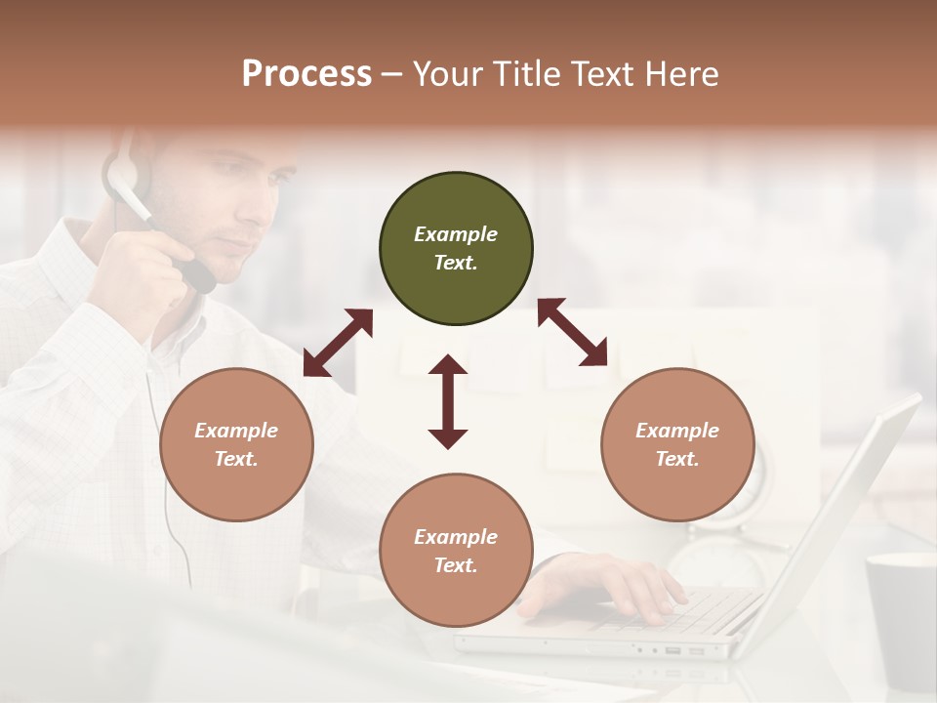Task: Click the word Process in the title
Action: pyautogui.click(x=306, y=74)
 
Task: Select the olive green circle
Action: pyautogui.click(x=456, y=249)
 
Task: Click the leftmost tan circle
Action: pyautogui.click(x=236, y=444)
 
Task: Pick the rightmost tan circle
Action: pyautogui.click(x=677, y=444)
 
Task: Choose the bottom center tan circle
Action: pyautogui.click(x=456, y=550)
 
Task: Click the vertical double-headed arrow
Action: pyautogui.click(x=448, y=401)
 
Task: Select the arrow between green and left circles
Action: pyautogui.click(x=338, y=343)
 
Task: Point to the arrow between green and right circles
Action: pyautogui.click(x=573, y=332)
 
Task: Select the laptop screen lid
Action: pyautogui.click(x=839, y=517)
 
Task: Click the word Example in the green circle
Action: pyautogui.click(x=456, y=234)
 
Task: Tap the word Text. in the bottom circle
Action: pyautogui.click(x=456, y=565)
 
